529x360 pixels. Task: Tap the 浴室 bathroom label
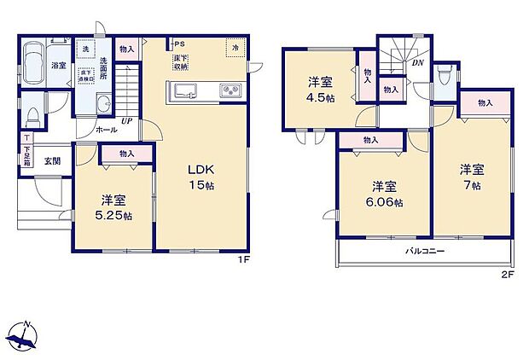click(59, 65)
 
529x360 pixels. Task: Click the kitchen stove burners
click(230, 90)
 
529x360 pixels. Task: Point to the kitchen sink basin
click(184, 90)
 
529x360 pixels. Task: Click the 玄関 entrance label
click(52, 160)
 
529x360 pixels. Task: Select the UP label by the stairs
click(126, 121)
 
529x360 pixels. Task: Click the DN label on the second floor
click(418, 62)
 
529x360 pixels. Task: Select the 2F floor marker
click(507, 274)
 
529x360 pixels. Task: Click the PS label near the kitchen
click(179, 44)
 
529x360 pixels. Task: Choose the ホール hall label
click(107, 130)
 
